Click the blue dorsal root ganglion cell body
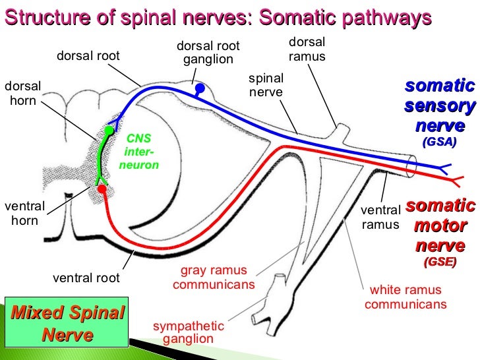click(200, 88)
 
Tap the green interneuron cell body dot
click(109, 130)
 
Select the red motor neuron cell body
click(102, 189)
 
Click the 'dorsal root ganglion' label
click(208, 53)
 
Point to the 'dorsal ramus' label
click(307, 49)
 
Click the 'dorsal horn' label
click(22, 94)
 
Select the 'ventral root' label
click(86, 278)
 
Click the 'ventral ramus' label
click(381, 218)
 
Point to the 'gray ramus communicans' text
click(214, 278)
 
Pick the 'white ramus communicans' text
click(405, 297)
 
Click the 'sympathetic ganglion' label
click(189, 332)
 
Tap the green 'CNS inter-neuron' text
click(139, 152)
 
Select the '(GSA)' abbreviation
click(439, 142)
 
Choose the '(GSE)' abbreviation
click(440, 262)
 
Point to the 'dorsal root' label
click(88, 56)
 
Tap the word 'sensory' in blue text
click(440, 105)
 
